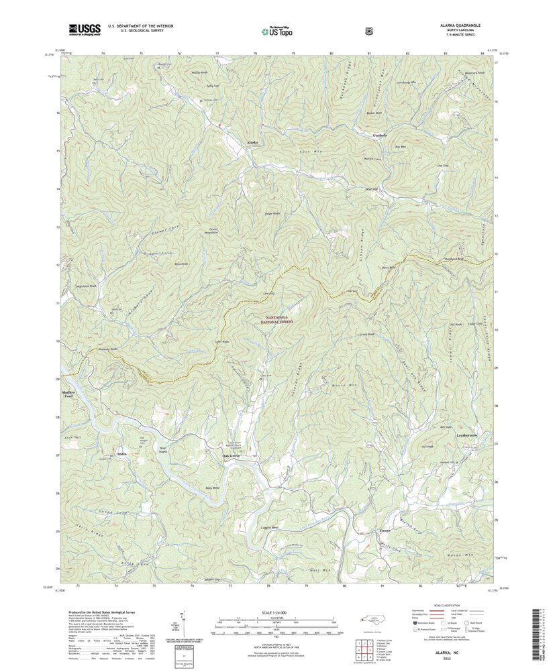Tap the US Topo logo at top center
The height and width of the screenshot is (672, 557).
[x=278, y=30]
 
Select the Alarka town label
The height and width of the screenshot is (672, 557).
[x=252, y=143]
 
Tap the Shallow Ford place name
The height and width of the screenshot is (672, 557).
[x=67, y=394]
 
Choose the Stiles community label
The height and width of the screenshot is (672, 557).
[x=121, y=454]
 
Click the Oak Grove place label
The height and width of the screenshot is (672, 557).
[x=231, y=457]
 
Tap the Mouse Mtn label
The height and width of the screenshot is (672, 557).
[x=342, y=386]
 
